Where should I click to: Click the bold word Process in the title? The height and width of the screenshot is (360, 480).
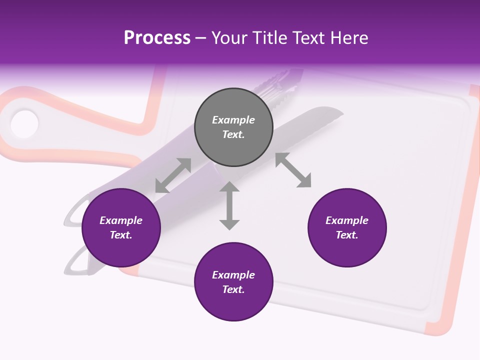(x=157, y=38)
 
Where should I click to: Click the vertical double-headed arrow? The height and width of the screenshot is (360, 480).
(x=229, y=205)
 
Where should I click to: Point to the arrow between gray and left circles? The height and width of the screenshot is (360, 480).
(x=173, y=175)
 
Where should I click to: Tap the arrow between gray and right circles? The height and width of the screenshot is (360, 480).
(x=293, y=170)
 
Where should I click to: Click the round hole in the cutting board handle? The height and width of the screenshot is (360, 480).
(x=24, y=123)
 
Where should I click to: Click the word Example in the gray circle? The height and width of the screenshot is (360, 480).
(x=233, y=120)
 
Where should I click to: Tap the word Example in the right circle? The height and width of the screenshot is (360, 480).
(x=347, y=220)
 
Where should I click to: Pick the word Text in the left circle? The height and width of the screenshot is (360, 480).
(x=120, y=235)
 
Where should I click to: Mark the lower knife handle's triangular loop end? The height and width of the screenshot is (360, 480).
(x=75, y=262)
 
